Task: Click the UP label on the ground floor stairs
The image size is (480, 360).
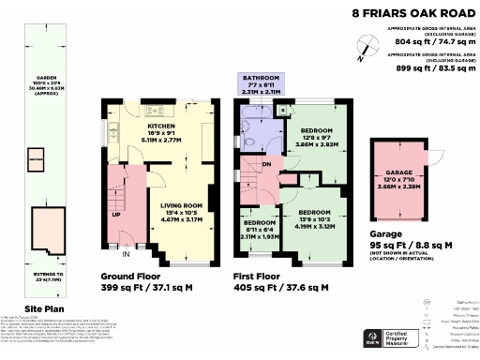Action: pos(117,214)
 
